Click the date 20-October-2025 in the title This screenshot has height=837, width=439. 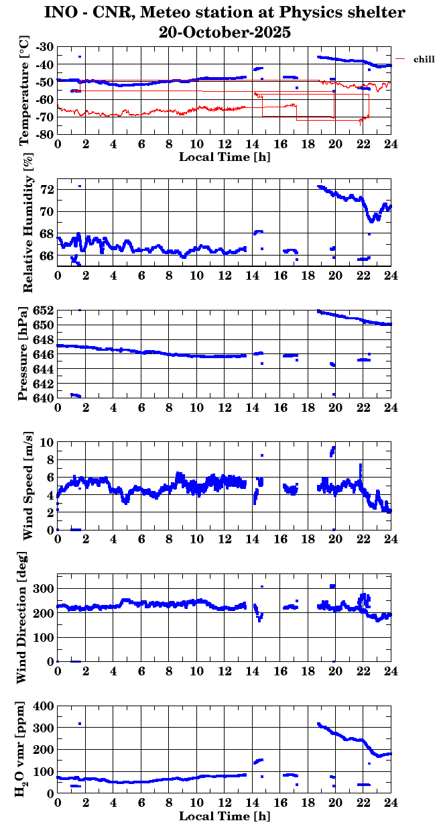coord(225,32)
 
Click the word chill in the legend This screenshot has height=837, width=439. coord(424,60)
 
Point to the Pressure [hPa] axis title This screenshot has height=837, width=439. coord(25,353)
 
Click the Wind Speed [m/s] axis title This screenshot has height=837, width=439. coord(27,486)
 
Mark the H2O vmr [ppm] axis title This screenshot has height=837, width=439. coord(25,749)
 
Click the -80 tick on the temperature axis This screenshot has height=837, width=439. coord(46,134)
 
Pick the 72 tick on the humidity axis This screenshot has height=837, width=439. coord(48,190)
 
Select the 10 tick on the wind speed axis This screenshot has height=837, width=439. coord(46,442)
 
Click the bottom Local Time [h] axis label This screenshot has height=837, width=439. coord(225,816)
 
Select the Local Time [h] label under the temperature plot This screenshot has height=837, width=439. coord(225,157)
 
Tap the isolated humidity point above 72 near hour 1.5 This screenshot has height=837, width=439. coord(80,186)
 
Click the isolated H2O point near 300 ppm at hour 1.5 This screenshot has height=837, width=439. coord(80,724)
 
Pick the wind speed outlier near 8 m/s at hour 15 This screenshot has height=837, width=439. coord(262,455)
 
